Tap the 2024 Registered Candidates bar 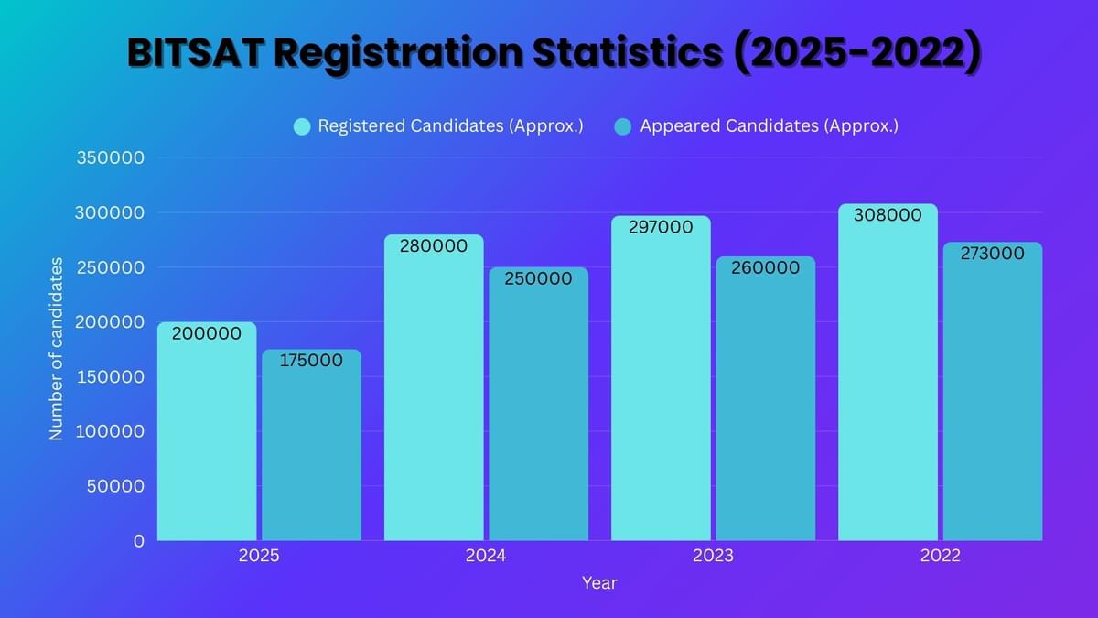[434, 394]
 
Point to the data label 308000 [888, 216]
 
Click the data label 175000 [311, 361]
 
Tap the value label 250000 [539, 278]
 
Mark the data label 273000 [992, 255]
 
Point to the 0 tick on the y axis [138, 541]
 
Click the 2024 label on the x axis [486, 556]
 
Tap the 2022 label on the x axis [940, 556]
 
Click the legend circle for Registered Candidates [302, 126]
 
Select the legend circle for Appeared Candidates [623, 126]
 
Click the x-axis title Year [599, 583]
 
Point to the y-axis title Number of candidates [57, 349]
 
